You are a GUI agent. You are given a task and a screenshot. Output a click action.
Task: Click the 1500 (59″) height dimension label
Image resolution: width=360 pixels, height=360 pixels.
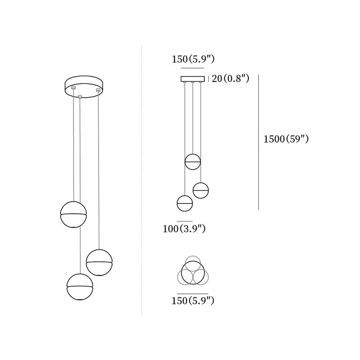[286, 139]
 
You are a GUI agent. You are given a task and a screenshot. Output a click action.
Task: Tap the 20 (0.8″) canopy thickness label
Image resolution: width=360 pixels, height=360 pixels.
[230, 79]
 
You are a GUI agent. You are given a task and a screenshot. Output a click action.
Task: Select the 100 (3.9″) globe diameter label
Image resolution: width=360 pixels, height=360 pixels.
[184, 229]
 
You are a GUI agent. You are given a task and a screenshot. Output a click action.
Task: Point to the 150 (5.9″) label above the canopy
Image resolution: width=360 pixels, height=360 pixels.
[193, 59]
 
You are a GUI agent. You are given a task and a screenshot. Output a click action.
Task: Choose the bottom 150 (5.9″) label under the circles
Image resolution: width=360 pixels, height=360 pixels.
[193, 301]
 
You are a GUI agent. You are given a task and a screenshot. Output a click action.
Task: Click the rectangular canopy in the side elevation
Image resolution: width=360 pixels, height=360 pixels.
[193, 79]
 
